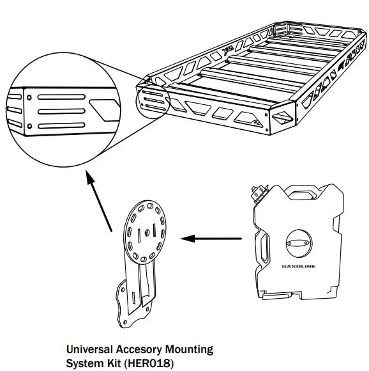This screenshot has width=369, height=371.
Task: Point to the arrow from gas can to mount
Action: coord(211,239)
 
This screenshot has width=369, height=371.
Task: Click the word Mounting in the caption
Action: coord(188,349)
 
